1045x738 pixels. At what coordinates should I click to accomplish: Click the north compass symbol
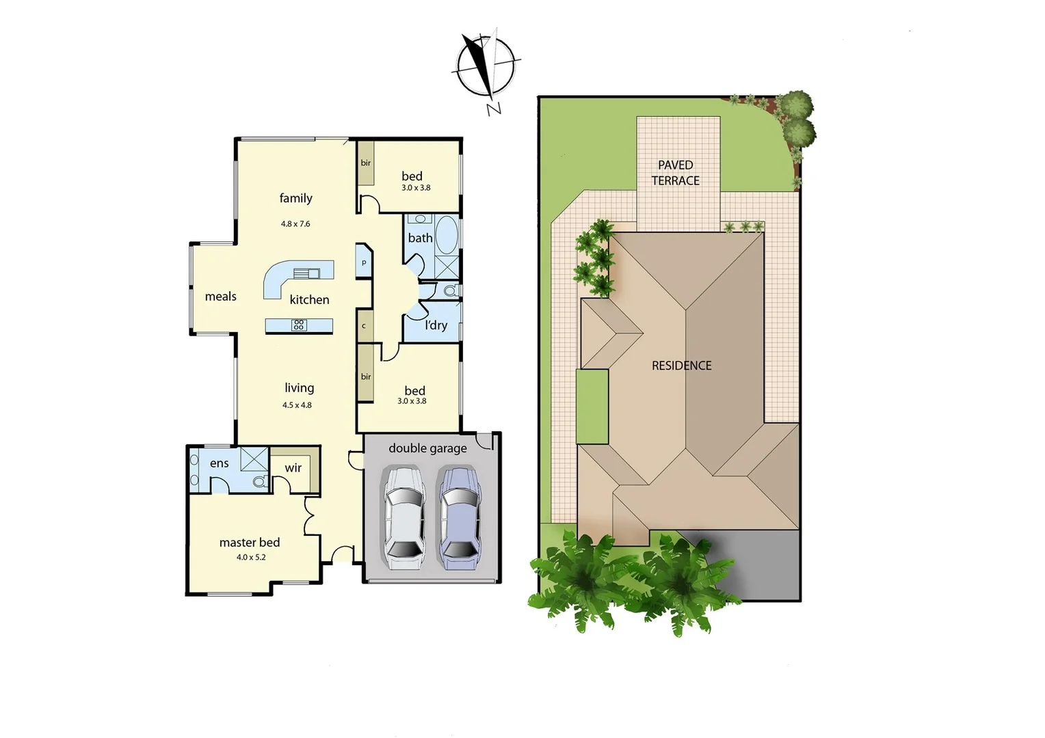point(486,67)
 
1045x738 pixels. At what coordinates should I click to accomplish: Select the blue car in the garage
point(459,517)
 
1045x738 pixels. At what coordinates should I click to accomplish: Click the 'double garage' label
point(427,448)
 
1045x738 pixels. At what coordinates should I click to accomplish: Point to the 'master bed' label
point(250,543)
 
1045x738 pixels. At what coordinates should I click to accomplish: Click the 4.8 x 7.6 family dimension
point(295,224)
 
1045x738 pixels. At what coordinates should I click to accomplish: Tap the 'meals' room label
point(221,297)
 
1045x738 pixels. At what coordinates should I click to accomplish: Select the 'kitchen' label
point(309,300)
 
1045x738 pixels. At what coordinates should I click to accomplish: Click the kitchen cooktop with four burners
point(299,325)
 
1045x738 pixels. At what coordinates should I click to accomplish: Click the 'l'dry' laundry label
point(436,325)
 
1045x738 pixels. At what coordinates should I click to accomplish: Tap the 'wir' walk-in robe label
point(293,468)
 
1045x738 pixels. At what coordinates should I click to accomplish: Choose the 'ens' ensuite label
point(220,463)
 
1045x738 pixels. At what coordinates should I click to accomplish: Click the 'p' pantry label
point(364,262)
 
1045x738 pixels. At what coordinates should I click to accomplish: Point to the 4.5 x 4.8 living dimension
point(297,405)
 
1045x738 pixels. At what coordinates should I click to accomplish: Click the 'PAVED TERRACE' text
point(676,173)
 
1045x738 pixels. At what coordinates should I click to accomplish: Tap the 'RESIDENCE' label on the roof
point(682,366)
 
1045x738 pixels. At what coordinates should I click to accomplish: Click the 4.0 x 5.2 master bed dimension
point(251,558)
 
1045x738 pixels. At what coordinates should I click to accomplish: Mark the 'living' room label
point(300,388)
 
